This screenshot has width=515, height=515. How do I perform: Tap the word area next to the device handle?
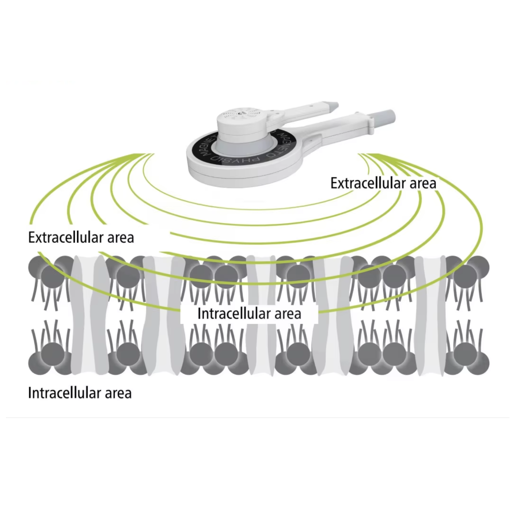click(x=423, y=184)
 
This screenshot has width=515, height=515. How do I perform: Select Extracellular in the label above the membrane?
click(x=65, y=238)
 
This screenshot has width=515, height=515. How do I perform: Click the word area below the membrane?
click(x=118, y=393)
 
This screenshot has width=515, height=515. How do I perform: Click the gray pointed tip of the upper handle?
click(x=333, y=105)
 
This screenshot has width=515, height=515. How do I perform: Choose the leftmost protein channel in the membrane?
click(x=89, y=315)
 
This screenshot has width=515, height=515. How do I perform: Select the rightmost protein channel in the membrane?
click(x=430, y=315)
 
